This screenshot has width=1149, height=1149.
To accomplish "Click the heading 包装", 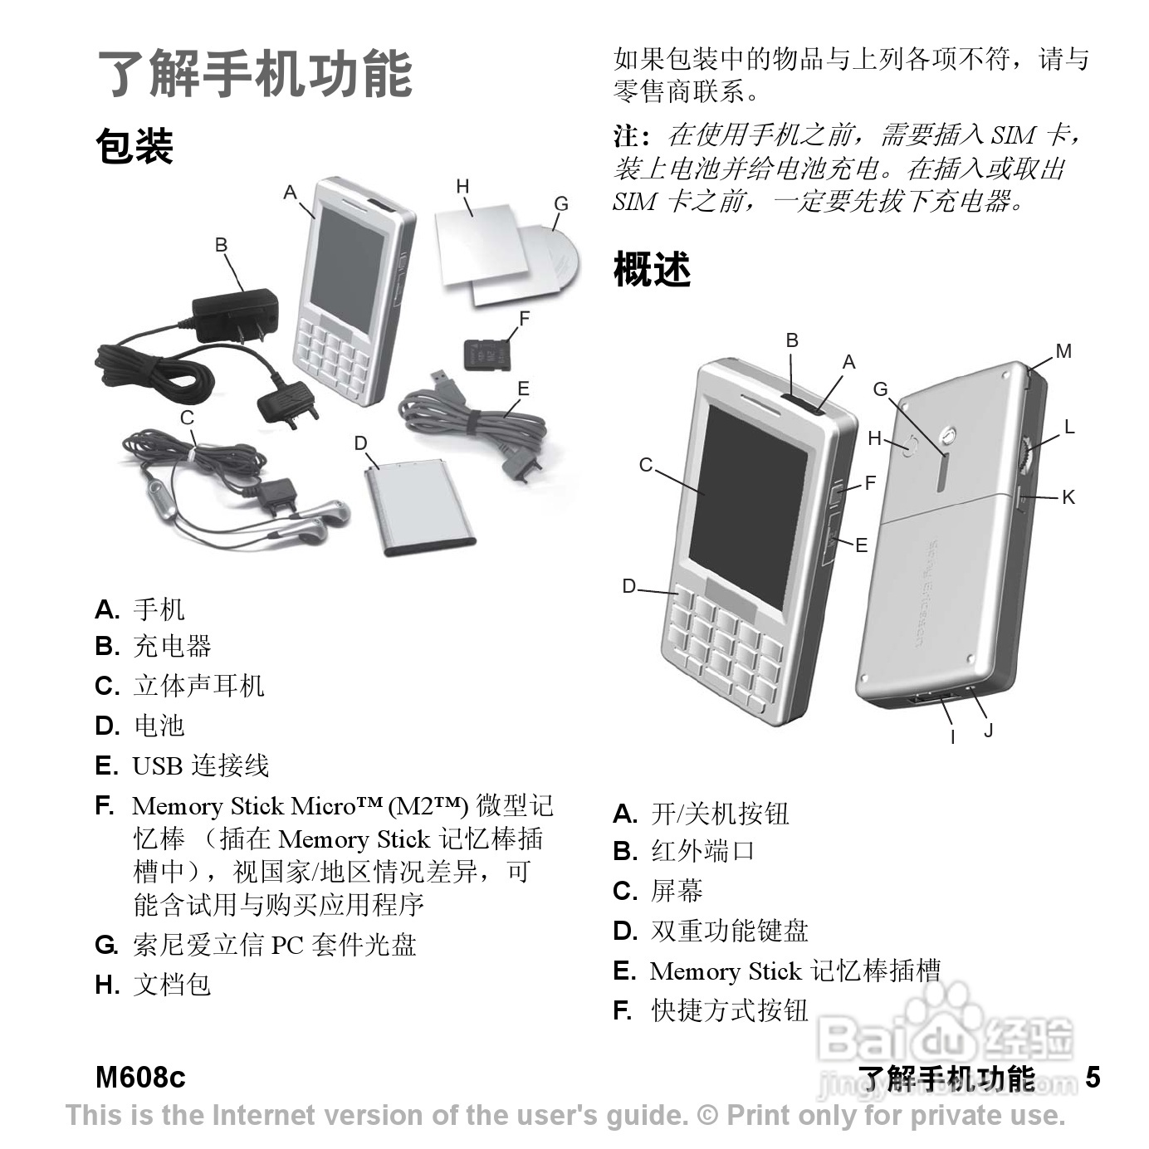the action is pyautogui.click(x=134, y=146).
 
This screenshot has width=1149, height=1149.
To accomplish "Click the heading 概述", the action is pyautogui.click(x=652, y=270).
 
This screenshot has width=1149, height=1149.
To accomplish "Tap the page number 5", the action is pyautogui.click(x=1093, y=1078).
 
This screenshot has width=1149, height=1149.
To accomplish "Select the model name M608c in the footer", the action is pyautogui.click(x=140, y=1078).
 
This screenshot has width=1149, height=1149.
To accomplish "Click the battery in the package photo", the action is pyautogui.click(x=420, y=506).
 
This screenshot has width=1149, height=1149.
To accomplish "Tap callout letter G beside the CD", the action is pyautogui.click(x=561, y=204).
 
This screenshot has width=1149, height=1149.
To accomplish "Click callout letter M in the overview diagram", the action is pyautogui.click(x=1063, y=351).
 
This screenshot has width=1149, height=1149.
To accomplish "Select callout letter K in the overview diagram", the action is pyautogui.click(x=1068, y=497).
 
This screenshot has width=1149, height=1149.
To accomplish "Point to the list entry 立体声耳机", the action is pyautogui.click(x=198, y=686).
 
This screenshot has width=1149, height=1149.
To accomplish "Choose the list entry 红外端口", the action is pyautogui.click(x=702, y=851).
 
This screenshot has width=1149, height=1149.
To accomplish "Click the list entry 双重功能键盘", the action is pyautogui.click(x=729, y=931).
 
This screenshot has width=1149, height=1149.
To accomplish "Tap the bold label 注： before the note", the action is pyautogui.click(x=632, y=136).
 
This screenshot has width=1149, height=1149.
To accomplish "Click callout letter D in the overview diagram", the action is pyautogui.click(x=629, y=586).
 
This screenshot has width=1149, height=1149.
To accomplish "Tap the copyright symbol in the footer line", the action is pyautogui.click(x=708, y=1115).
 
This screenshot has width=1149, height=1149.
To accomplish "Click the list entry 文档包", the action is pyautogui.click(x=172, y=985).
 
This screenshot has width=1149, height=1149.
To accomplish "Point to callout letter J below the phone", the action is pyautogui.click(x=988, y=731).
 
